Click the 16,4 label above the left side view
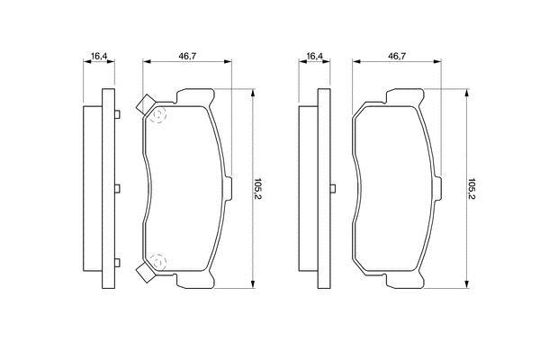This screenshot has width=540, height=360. click(x=99, y=56)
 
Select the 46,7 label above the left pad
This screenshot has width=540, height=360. click(x=187, y=56)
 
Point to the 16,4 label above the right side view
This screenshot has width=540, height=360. click(x=315, y=56)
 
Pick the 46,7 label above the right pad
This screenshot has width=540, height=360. click(x=397, y=56)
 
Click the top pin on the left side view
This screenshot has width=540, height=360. click(x=117, y=114)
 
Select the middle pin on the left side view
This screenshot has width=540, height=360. click(x=117, y=188)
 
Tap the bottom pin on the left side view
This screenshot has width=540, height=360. click(x=117, y=263)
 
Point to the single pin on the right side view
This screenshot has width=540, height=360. click(x=333, y=188)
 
